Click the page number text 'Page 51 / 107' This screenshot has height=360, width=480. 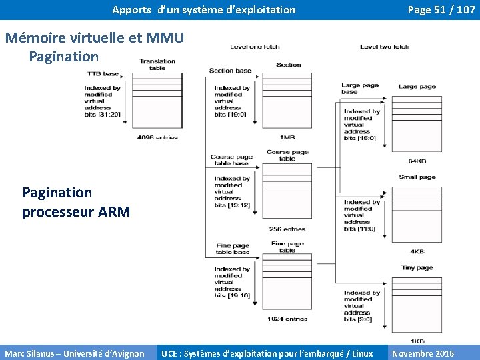click(x=441, y=10)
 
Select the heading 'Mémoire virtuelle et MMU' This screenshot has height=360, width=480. click(x=94, y=38)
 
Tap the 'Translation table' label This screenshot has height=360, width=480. click(x=157, y=65)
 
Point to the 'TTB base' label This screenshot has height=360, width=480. click(x=103, y=74)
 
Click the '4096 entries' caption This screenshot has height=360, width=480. click(x=157, y=137)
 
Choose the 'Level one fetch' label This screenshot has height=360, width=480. click(x=255, y=47)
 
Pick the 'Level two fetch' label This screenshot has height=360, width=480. click(x=385, y=47)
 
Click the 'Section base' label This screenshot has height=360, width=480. click(x=230, y=71)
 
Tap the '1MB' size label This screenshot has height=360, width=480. click(x=287, y=137)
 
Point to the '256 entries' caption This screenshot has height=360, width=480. click(x=287, y=229)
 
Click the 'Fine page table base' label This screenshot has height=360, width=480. click(x=233, y=249)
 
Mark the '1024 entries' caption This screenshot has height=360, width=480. click(x=287, y=319)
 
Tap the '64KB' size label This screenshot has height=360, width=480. click(x=417, y=161)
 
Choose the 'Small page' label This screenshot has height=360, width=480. click(x=417, y=177)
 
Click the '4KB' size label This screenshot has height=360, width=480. click(x=417, y=252)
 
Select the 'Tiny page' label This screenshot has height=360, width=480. click(x=417, y=268)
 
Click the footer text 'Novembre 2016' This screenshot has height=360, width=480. click(x=423, y=353)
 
